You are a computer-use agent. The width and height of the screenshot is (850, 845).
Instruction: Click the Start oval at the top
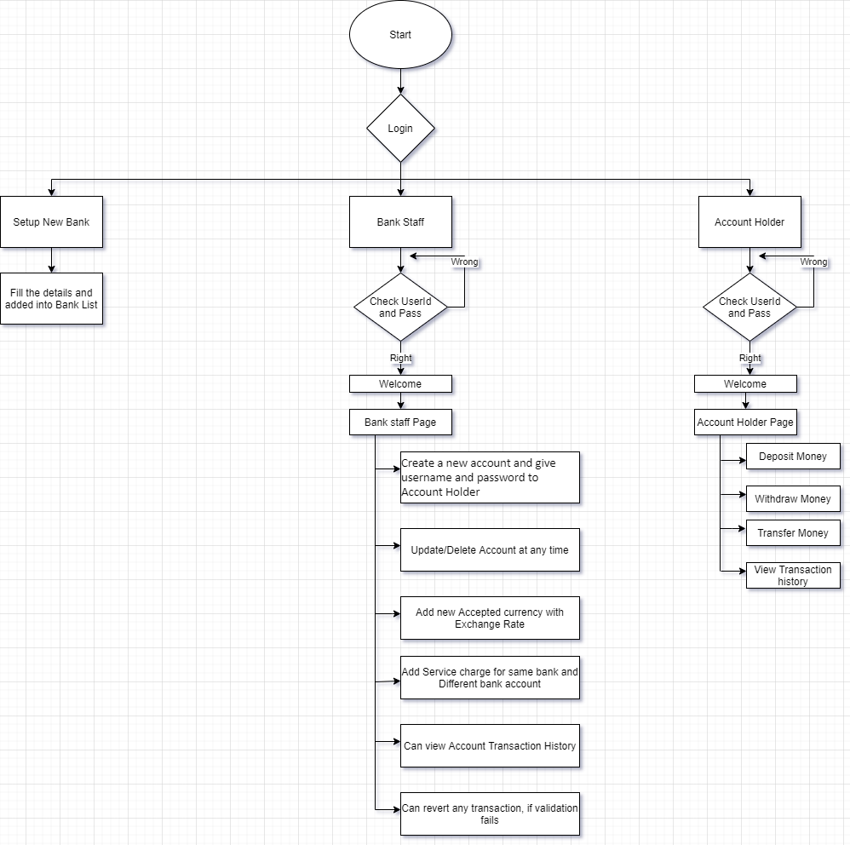pyautogui.click(x=400, y=35)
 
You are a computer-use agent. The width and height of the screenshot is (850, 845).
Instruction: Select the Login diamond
pyautogui.click(x=400, y=129)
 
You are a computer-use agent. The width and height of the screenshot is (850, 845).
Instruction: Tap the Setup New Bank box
pyautogui.click(x=51, y=222)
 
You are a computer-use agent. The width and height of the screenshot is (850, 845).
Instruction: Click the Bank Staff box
pyautogui.click(x=400, y=222)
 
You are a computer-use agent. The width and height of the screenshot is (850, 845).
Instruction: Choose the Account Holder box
pyautogui.click(x=749, y=222)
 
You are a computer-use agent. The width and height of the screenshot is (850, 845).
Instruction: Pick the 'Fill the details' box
pyautogui.click(x=51, y=299)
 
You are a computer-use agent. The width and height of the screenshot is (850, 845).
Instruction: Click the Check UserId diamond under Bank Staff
pyautogui.click(x=400, y=308)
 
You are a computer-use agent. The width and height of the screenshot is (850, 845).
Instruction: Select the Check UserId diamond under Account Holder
pyautogui.click(x=749, y=308)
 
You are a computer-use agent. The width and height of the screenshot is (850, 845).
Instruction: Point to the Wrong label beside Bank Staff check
pyautogui.click(x=464, y=262)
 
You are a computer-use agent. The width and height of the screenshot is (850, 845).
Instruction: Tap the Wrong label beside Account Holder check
pyautogui.click(x=813, y=262)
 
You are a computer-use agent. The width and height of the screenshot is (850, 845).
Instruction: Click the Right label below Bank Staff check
pyautogui.click(x=400, y=359)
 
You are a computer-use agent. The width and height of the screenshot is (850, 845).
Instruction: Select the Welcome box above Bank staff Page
pyautogui.click(x=400, y=384)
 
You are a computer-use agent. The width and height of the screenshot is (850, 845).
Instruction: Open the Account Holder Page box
pyautogui.click(x=745, y=422)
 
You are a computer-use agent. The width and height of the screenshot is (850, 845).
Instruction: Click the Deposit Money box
pyautogui.click(x=793, y=457)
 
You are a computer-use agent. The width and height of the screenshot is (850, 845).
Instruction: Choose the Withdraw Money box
pyautogui.click(x=793, y=499)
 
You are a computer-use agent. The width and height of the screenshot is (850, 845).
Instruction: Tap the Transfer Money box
pyautogui.click(x=793, y=533)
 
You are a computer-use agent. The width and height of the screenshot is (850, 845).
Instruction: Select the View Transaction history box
pyautogui.click(x=793, y=576)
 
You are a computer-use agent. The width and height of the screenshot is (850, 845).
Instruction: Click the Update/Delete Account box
pyautogui.click(x=490, y=550)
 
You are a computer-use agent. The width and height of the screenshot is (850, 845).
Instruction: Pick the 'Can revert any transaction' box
pyautogui.click(x=490, y=814)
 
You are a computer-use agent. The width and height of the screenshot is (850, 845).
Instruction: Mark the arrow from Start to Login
pyautogui.click(x=400, y=82)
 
